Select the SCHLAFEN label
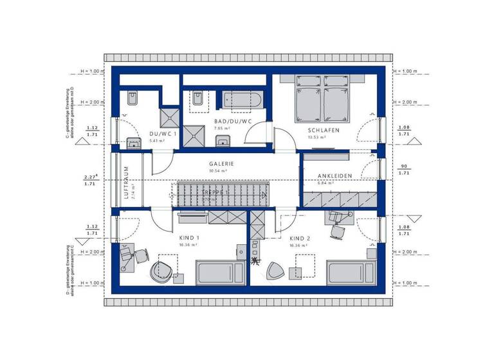[324, 130]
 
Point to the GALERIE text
[221, 164]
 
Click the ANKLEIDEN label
[334, 175]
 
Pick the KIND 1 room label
[189, 239]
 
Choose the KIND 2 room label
[300, 239]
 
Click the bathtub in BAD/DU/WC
[242, 100]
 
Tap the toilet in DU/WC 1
[133, 98]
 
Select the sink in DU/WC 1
[134, 143]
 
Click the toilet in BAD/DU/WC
[197, 99]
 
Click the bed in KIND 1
[218, 273]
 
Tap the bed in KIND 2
[350, 273]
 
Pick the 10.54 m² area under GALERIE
[221, 171]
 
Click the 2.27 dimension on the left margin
[90, 177]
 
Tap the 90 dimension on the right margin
[403, 166]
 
